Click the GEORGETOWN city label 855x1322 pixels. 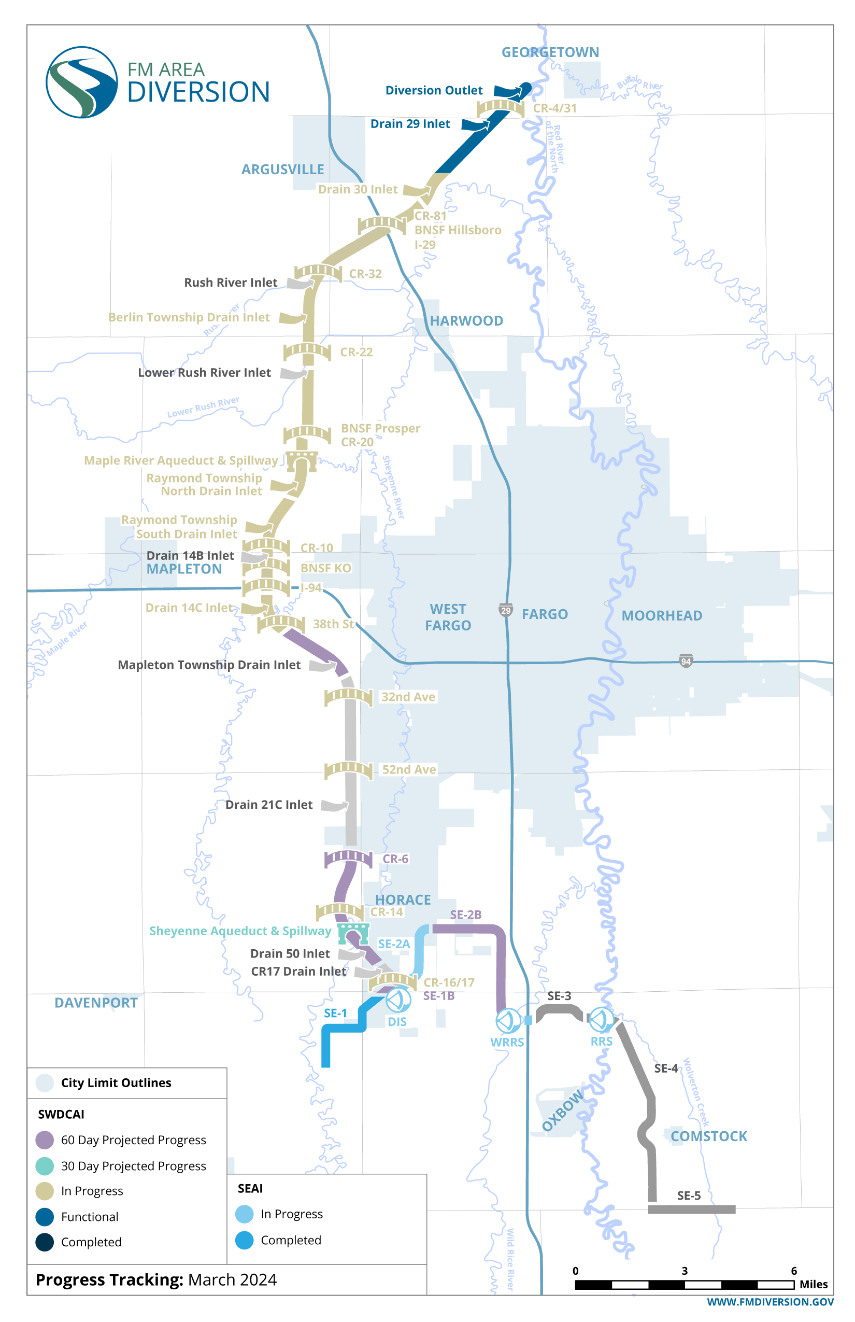[550, 52]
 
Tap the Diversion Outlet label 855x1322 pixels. [434, 91]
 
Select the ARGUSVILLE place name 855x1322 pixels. [282, 170]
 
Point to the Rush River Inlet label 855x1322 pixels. [231, 283]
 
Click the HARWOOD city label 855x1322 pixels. [466, 321]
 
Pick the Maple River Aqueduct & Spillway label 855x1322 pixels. [181, 460]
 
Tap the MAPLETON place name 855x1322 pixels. [184, 569]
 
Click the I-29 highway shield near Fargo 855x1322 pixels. [506, 610]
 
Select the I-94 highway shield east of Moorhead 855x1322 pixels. [686, 661]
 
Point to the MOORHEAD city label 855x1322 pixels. [661, 615]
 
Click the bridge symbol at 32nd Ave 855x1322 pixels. [348, 697]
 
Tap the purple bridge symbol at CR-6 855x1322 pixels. [348, 858]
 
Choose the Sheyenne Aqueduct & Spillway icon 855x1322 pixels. [353, 933]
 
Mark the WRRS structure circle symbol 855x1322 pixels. [507, 1020]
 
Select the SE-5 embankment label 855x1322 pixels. [689, 1196]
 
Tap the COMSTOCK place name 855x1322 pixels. [708, 1136]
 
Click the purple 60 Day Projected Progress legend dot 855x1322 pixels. [45, 1140]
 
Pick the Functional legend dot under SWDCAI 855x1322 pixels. [45, 1216]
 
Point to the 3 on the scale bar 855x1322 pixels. [685, 1271]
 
